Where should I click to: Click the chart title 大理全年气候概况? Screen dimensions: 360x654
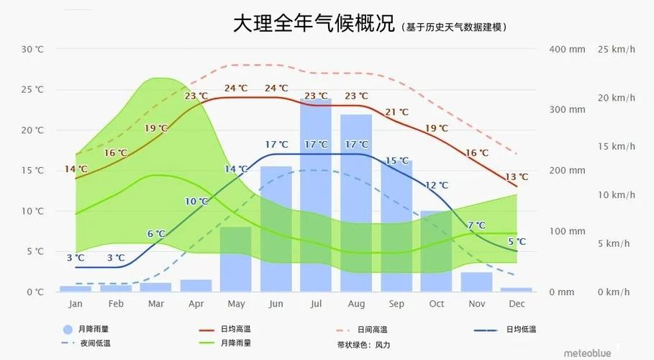(x=314, y=24)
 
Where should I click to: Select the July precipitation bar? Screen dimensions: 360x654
(x=316, y=194)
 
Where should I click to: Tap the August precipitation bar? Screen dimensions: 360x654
(x=356, y=202)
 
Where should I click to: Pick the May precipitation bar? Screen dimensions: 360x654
(x=235, y=259)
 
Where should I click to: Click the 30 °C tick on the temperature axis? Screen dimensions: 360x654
(x=32, y=49)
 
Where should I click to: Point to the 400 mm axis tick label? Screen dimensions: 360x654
(x=568, y=49)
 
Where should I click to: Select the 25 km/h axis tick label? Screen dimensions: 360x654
(x=616, y=49)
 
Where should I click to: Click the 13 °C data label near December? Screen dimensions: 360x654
(x=516, y=177)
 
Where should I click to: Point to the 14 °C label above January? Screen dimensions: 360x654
(x=76, y=169)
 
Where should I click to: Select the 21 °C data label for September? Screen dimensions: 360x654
(x=396, y=112)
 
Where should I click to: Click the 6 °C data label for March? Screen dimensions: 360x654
(x=156, y=234)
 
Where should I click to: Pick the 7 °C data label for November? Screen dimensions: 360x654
(x=476, y=225)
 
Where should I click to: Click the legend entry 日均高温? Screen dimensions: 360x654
(x=237, y=329)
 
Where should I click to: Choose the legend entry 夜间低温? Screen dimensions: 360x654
(x=95, y=343)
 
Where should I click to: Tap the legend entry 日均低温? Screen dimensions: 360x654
(x=521, y=329)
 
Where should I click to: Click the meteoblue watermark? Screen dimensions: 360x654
(x=587, y=352)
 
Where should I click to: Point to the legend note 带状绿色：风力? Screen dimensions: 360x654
(x=363, y=345)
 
